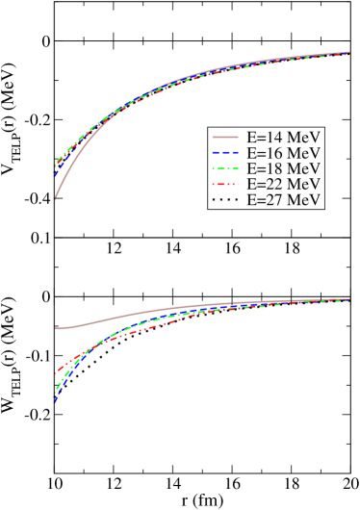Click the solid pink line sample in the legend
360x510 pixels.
(x=224, y=137)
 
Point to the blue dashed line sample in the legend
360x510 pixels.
(x=224, y=152)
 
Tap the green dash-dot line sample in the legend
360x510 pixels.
(x=224, y=167)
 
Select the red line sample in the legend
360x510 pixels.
(x=224, y=184)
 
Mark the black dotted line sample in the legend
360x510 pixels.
(x=224, y=199)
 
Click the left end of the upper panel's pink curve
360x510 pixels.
(x=55, y=198)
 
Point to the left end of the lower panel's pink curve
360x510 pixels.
(x=55, y=328)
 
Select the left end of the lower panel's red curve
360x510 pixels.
(x=56, y=373)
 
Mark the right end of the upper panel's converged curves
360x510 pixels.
(x=349, y=53)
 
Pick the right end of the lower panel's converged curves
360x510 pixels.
(x=349, y=299)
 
